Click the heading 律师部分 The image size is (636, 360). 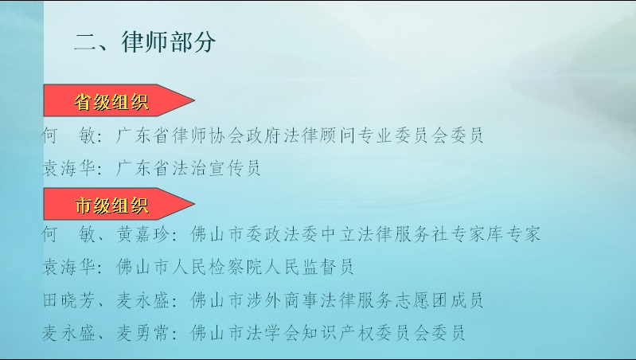[168, 41]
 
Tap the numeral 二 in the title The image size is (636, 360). [84, 42]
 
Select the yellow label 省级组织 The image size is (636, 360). [111, 101]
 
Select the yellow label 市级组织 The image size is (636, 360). [111, 205]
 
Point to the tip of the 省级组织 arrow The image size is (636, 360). [195, 100]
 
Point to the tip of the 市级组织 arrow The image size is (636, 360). [195, 204]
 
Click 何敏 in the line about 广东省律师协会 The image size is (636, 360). [68, 135]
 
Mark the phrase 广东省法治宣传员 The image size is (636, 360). [188, 168]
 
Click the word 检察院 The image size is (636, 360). [236, 267]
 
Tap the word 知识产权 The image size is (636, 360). [337, 333]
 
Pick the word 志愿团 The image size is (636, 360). [421, 300]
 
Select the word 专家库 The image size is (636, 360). [477, 234]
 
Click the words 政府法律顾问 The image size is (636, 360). [301, 135]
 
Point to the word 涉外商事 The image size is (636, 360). [282, 300]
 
